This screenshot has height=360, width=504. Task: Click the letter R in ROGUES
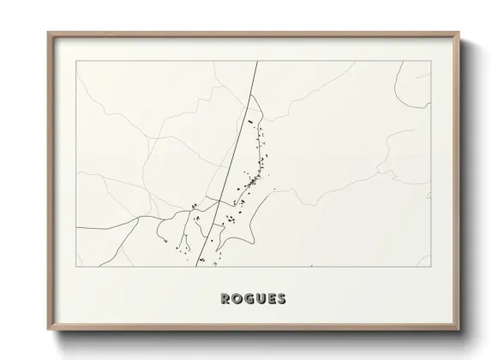pos(225,299)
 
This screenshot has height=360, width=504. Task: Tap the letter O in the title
pos(237,299)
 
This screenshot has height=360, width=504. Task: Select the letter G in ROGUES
pos(249,299)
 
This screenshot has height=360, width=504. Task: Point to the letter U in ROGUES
pos(261,299)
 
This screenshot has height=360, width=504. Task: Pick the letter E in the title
pos(272,299)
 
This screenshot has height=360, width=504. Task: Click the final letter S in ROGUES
pos(283,299)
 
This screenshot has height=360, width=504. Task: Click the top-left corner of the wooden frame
pos(47,32)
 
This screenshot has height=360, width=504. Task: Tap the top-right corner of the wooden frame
pos(459,32)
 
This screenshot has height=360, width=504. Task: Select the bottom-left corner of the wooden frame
pos(47,334)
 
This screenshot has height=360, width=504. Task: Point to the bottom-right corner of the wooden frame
pos(459,334)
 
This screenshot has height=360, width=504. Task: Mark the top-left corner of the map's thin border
pos(76,62)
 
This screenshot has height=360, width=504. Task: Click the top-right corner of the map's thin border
pos(430,62)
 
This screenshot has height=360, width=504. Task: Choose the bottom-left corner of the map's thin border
pos(76,267)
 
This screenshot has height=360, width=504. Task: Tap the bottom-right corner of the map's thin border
pos(430,267)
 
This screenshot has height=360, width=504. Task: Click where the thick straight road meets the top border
pos(255,62)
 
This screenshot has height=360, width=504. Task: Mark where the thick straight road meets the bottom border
pos(198,267)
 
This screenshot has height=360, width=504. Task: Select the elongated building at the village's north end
pos(251,123)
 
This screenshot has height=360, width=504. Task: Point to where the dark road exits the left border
pos(76,228)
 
